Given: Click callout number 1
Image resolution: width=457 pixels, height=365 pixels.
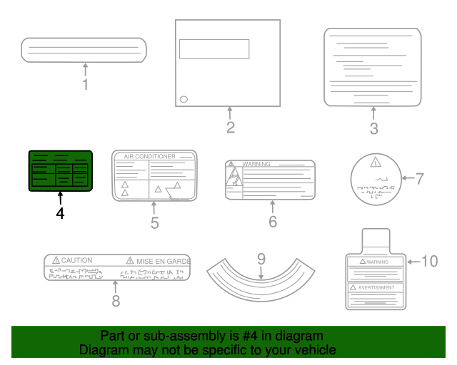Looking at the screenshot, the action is point(86,85).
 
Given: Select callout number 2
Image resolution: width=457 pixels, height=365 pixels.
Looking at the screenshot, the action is point(230,128).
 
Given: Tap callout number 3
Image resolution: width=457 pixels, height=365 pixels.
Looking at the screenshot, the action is point(374,129).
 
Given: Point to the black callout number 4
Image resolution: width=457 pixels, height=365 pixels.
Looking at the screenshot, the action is point(60,213).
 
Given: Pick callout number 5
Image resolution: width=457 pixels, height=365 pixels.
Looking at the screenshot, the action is point(154,223).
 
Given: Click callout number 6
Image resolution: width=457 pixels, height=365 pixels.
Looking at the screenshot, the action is point(272,222).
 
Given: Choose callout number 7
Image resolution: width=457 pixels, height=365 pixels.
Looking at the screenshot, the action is point(420,178).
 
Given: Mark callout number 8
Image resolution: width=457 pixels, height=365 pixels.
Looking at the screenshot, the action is point(116,301).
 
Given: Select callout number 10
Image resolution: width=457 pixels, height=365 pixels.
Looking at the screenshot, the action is point(429,262).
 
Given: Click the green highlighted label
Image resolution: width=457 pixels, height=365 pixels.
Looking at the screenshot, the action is point(60,171).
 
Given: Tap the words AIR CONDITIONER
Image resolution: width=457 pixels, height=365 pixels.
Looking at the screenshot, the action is point(149,156).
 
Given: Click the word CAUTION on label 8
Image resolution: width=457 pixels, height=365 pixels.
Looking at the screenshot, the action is point(76,261).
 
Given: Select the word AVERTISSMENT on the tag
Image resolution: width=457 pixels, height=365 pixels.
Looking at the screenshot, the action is point(376,287).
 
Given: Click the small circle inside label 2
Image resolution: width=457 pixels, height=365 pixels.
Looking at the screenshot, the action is point(184,99).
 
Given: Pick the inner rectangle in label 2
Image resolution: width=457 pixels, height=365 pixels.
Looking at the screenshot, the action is point(214,48).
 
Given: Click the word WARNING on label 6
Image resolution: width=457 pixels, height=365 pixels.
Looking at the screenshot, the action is point(256,164).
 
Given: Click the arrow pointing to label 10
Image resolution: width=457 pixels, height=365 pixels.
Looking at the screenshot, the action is point(413,262).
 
